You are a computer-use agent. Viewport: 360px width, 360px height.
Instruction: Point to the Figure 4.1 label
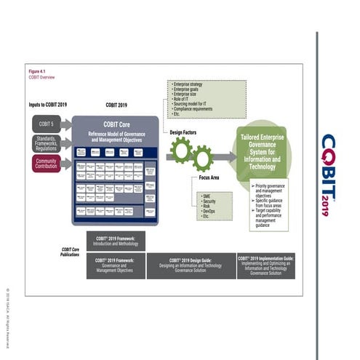tap(37, 71)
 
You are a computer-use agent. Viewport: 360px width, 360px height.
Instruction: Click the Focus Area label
tap(210, 178)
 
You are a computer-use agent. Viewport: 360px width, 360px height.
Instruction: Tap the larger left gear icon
tap(180, 151)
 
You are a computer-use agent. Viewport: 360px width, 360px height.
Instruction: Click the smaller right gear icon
tap(201, 154)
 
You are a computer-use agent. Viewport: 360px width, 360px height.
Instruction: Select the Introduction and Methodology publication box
tap(116, 241)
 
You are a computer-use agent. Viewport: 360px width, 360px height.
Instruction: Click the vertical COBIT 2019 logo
tap(329, 175)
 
